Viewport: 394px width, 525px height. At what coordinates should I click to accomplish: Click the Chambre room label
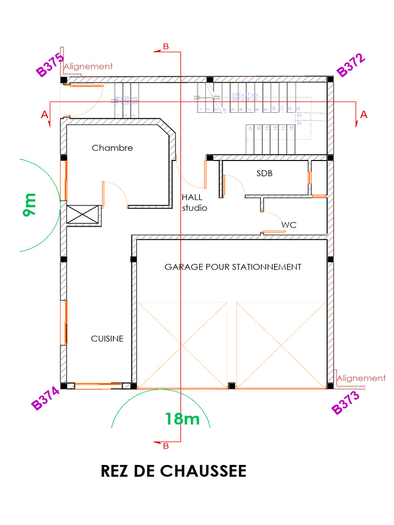click(x=112, y=148)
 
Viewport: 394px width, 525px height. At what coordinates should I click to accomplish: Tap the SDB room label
click(x=264, y=173)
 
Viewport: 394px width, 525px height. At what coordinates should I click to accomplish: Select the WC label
click(x=289, y=225)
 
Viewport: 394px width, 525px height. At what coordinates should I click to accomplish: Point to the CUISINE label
click(x=107, y=338)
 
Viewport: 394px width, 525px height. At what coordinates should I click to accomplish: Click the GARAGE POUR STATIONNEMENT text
click(x=232, y=267)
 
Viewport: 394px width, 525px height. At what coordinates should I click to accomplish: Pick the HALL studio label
click(x=194, y=203)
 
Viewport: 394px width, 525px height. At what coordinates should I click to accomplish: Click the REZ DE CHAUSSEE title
click(x=173, y=471)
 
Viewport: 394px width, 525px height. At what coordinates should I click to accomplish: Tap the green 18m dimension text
click(x=182, y=419)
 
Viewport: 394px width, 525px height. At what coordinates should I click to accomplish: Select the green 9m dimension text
click(x=29, y=204)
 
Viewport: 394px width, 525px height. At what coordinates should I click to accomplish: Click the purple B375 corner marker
click(x=50, y=65)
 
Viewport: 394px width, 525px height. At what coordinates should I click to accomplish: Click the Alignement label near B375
click(x=88, y=66)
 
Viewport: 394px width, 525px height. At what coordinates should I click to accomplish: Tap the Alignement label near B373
click(x=361, y=378)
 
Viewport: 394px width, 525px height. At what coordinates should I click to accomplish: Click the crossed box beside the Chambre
click(x=82, y=215)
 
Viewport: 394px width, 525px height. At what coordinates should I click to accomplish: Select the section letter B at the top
click(x=165, y=47)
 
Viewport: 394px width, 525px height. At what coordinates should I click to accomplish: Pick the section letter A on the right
click(x=364, y=115)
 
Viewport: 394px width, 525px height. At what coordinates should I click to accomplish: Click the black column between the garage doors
click(x=231, y=386)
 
